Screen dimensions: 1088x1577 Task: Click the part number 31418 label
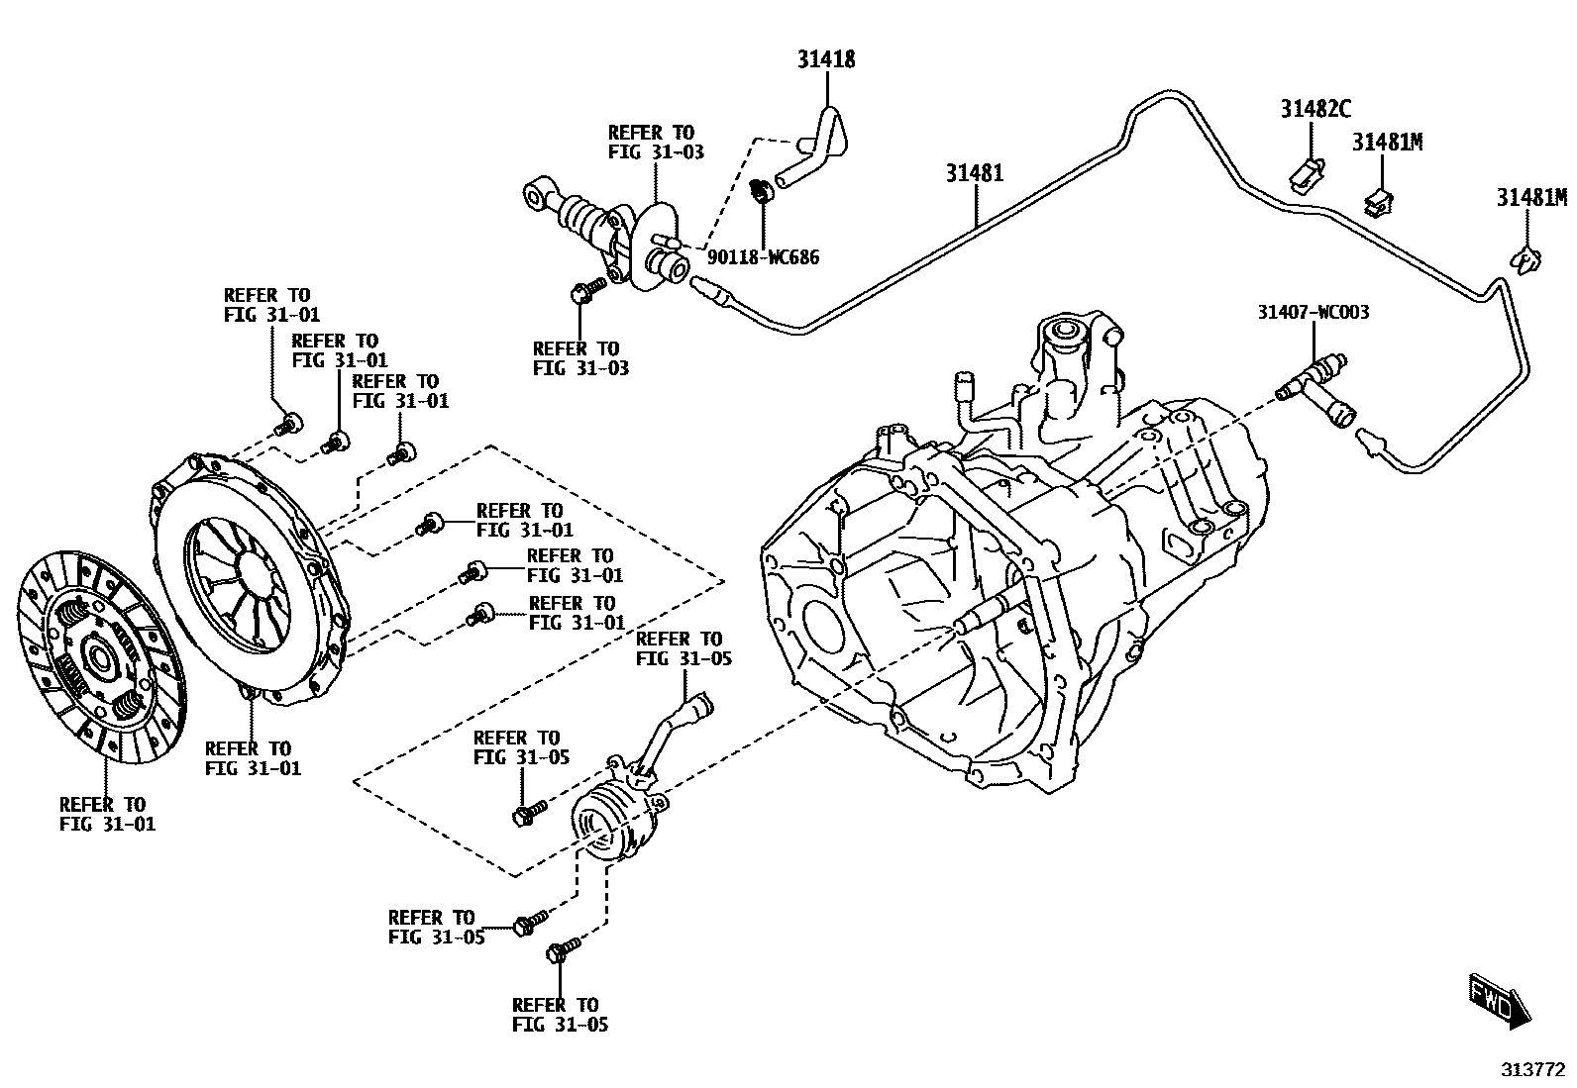[826, 59]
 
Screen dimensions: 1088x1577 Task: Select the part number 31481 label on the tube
[974, 173]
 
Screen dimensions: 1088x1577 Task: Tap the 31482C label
[1314, 109]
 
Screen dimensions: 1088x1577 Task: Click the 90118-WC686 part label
[763, 258]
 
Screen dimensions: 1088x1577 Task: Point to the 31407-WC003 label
[1313, 313]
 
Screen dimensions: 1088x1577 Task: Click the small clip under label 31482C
[1308, 173]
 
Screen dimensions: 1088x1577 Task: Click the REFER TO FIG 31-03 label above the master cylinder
[655, 142]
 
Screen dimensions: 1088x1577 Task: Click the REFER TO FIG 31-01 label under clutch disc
[107, 814]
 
